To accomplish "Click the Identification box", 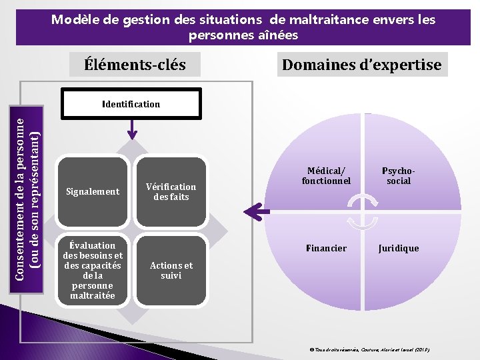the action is [x=131, y=105].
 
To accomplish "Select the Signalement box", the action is [x=93, y=192].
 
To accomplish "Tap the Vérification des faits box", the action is [x=171, y=192].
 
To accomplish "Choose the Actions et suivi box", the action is [x=171, y=270].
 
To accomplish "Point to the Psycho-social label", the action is [x=399, y=176].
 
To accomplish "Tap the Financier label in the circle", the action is [x=326, y=248].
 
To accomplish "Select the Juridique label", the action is [x=399, y=248].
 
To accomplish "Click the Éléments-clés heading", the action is [x=135, y=65].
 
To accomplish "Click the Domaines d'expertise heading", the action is [x=361, y=65].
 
